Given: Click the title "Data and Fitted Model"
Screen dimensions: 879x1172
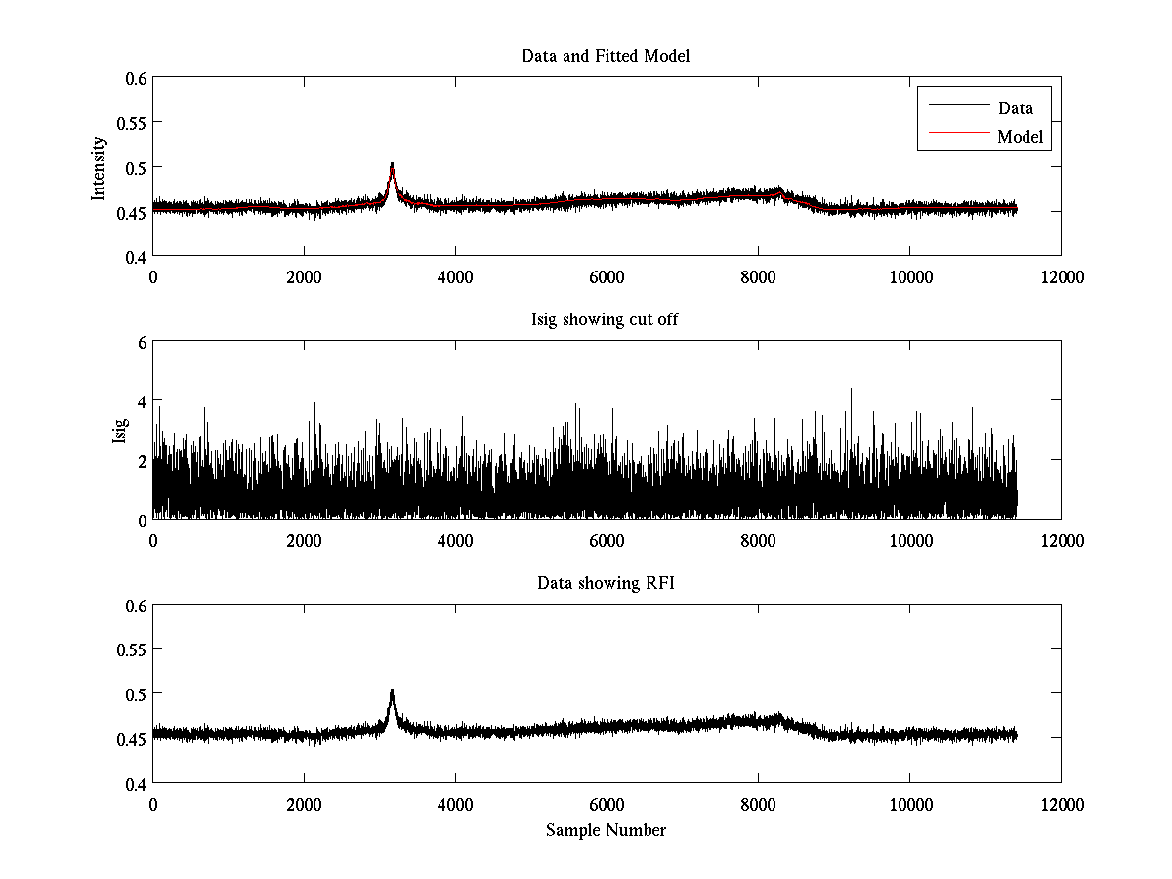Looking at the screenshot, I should pos(606,56).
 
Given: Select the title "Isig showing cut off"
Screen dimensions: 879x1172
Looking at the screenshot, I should pos(606,319).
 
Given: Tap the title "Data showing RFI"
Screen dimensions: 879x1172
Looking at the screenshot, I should pos(606,583).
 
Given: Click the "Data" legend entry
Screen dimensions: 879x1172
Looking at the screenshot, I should pos(1016,108).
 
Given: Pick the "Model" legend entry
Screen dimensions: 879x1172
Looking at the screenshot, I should pos(1020,137).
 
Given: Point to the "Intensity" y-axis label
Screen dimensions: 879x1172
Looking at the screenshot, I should pos(98,167).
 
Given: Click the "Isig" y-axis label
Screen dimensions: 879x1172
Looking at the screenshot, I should pos(120,431).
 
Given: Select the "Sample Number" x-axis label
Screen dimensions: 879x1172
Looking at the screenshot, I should pos(606,830).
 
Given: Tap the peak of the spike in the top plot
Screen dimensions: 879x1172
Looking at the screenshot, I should pos(392,164).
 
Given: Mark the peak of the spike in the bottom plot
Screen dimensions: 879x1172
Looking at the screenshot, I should pos(392,691).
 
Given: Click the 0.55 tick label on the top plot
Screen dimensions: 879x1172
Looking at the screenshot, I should pos(132,122).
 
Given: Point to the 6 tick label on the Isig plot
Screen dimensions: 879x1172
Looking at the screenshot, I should pos(141,342).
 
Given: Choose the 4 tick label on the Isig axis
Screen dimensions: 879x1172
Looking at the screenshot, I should pos(141,401).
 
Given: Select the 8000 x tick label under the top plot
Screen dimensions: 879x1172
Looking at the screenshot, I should pos(758,276).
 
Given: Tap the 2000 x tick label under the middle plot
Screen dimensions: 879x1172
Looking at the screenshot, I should pos(304,540).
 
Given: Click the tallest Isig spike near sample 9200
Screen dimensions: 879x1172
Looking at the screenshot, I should pos(850,390).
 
